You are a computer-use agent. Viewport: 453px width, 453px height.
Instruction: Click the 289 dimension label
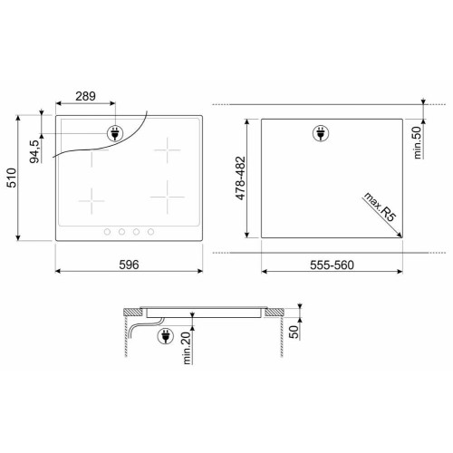coord(85,96)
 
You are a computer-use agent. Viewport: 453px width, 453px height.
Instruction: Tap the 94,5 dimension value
coord(34,151)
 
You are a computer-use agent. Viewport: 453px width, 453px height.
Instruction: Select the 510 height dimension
coord(12,178)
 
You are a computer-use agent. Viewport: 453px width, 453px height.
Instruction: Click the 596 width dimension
coord(129,265)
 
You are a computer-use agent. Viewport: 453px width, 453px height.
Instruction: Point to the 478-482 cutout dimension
coord(241,178)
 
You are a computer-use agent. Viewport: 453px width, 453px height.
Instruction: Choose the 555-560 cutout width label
coord(332,265)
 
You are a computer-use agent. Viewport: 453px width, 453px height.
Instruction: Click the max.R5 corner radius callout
coord(379,207)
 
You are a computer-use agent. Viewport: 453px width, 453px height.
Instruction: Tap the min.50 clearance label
coord(417,142)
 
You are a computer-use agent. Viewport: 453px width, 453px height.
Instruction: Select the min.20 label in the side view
coord(187,348)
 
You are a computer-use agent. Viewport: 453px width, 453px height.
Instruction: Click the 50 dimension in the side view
coord(294,332)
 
